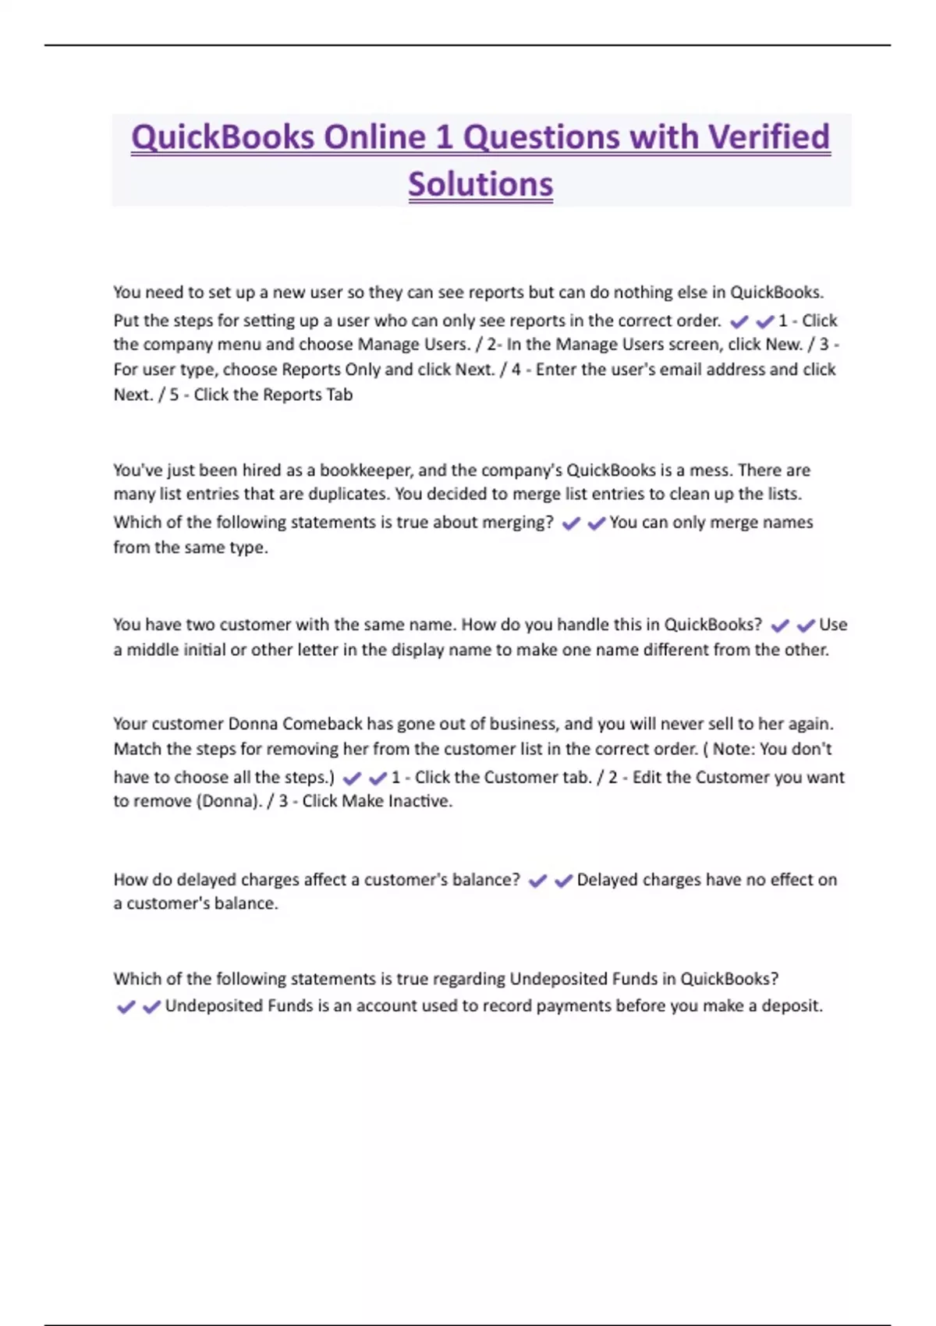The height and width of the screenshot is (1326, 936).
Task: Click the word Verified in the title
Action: (x=768, y=137)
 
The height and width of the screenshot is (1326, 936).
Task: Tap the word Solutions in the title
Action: (x=480, y=185)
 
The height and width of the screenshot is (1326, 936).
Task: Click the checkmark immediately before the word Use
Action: (x=806, y=626)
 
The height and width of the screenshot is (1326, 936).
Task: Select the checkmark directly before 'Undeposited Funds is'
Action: (x=152, y=1007)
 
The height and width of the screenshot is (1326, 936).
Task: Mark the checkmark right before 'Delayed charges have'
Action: (x=563, y=881)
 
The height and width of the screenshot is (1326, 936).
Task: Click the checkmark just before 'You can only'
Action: (x=597, y=523)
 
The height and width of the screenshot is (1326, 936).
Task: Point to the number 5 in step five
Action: (x=174, y=395)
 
